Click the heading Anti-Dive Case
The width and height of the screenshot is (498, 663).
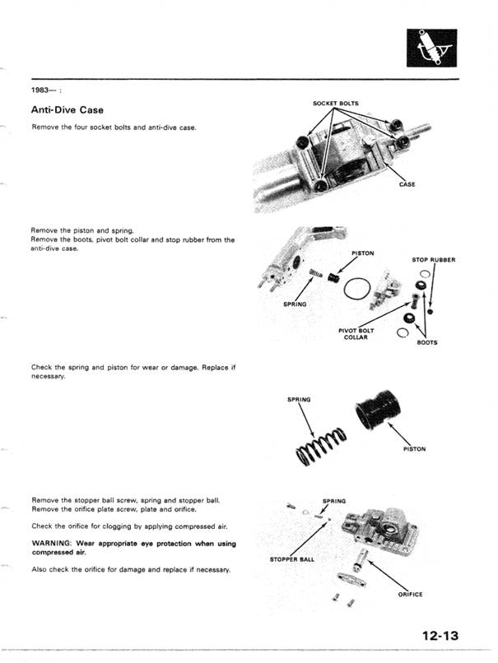[x=67, y=109]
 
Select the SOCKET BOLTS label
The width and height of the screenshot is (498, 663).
[x=336, y=104]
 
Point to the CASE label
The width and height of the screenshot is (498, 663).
[x=407, y=184]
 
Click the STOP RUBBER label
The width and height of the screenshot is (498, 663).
[x=434, y=260]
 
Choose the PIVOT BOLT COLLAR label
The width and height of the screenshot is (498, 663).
[x=355, y=334]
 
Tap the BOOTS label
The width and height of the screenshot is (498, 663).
[x=427, y=342]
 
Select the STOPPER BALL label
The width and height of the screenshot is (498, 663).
[x=288, y=559]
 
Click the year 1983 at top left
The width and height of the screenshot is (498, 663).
[x=42, y=90]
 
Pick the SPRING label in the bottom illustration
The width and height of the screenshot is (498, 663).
[x=334, y=500]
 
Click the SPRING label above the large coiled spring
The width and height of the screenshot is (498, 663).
[x=299, y=400]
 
